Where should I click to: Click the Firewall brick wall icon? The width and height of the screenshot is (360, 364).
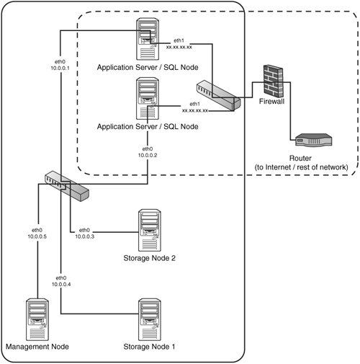coord(273,81)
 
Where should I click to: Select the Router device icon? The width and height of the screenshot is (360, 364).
coord(314,140)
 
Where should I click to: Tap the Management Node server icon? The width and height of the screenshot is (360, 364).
coord(37,319)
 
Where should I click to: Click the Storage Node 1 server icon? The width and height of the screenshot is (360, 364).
coord(150,319)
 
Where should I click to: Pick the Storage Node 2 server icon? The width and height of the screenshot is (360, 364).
coord(150,230)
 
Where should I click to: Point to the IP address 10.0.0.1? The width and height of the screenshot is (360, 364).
coord(60,68)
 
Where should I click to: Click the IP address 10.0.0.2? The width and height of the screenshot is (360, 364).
coord(148,155)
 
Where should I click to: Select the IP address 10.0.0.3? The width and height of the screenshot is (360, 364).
coord(85,236)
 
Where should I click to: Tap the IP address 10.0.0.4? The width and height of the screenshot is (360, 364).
coord(61,284)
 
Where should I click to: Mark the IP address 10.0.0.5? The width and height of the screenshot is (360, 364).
coord(37,236)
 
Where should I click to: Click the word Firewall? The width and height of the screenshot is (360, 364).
coord(271,102)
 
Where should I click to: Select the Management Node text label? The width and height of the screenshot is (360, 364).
coord(37,347)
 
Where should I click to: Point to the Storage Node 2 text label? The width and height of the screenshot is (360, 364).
coord(149,258)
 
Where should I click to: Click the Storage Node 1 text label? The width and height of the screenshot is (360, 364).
coord(149,347)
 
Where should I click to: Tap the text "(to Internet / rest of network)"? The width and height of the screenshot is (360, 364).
coord(301,167)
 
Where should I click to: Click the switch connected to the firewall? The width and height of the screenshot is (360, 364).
coord(218,95)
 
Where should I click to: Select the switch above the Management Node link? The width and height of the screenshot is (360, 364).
coord(67,186)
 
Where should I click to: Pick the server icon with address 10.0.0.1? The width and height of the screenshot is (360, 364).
coord(148,39)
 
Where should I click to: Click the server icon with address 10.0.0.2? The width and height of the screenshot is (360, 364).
coord(148,98)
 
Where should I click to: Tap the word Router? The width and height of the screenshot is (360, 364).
coord(300,159)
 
